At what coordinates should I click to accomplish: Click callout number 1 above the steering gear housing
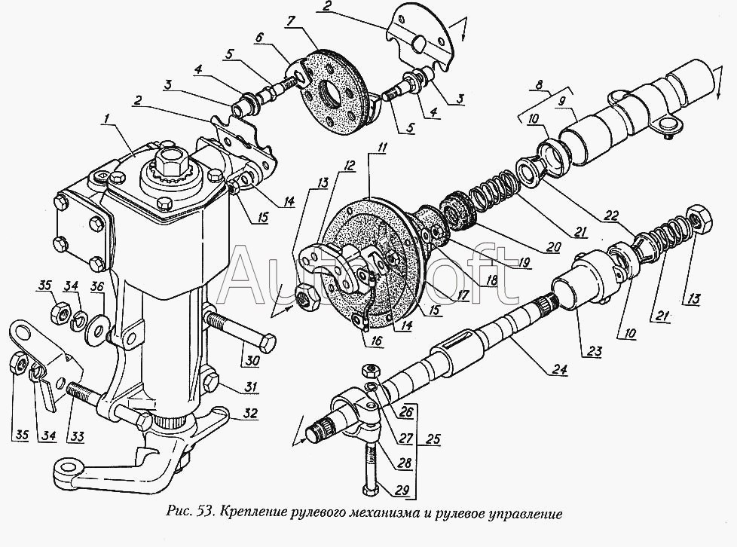pos(109,118)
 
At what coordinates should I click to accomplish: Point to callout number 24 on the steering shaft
pos(559,370)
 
